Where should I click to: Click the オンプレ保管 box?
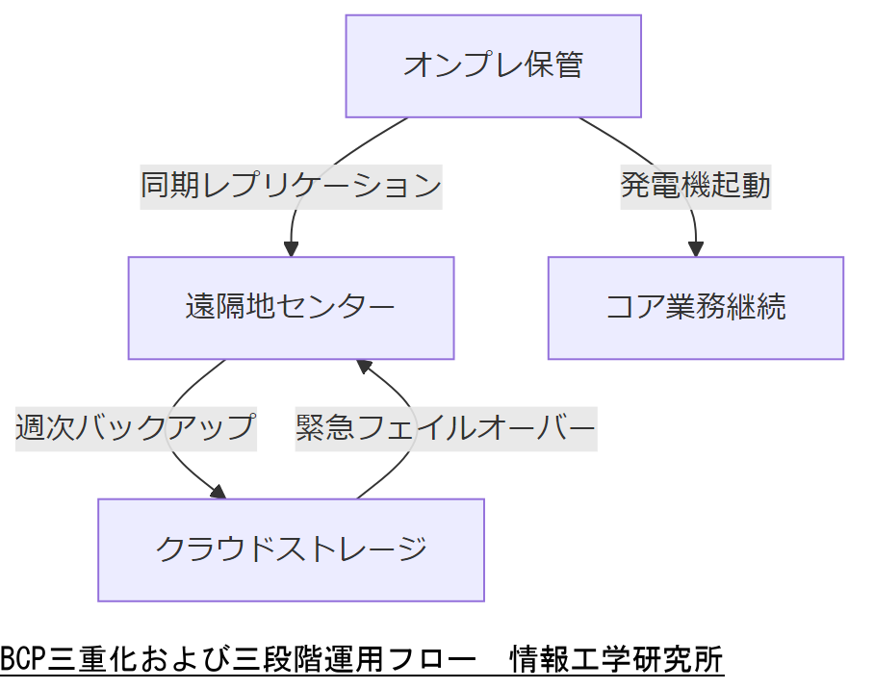pyautogui.click(x=493, y=66)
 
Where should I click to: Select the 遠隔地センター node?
pyautogui.click(x=291, y=308)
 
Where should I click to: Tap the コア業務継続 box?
pyautogui.click(x=695, y=308)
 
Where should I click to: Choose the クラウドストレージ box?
pyautogui.click(x=291, y=549)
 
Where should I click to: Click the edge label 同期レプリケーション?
pyautogui.click(x=291, y=185)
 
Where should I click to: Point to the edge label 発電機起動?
pyautogui.click(x=695, y=185)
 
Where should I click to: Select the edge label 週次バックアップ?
pyautogui.click(x=136, y=426)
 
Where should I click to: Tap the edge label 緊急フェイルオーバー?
pyautogui.click(x=446, y=426)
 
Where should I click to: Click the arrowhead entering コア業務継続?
pyautogui.click(x=695, y=248)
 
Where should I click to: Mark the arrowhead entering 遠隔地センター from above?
pyautogui.click(x=291, y=248)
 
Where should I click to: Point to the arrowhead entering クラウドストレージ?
pyautogui.click(x=218, y=492)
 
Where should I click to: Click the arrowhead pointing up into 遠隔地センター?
pyautogui.click(x=364, y=367)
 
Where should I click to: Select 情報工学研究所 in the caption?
pyautogui.click(x=616, y=661)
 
